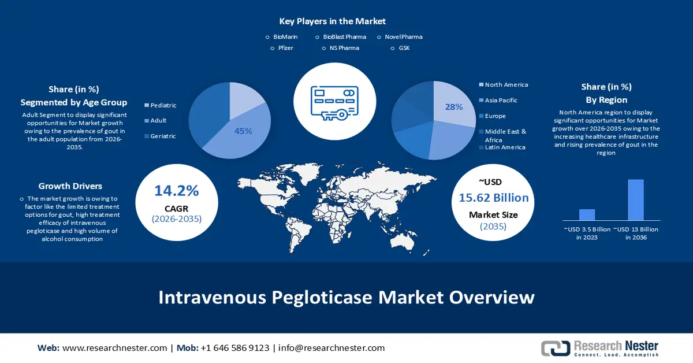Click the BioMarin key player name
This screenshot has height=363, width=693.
(286, 37)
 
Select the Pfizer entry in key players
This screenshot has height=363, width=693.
(286, 48)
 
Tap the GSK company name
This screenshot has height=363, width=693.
(404, 48)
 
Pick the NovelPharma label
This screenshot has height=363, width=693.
(403, 37)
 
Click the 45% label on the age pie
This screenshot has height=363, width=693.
(243, 131)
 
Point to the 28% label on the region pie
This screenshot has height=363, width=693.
(453, 107)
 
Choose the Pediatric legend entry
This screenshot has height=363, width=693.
(163, 105)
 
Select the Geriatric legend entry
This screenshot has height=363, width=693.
(163, 136)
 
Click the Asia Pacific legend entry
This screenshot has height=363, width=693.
(501, 100)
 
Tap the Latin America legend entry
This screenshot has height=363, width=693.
(505, 147)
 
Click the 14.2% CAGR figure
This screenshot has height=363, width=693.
(176, 191)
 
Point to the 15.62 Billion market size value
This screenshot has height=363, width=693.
(494, 198)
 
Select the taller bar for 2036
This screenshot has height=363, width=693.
(635, 199)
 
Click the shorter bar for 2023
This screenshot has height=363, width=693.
(587, 214)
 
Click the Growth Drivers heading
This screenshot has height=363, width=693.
(70, 186)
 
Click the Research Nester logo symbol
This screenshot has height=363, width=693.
(554, 348)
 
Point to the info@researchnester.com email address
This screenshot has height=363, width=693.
(331, 348)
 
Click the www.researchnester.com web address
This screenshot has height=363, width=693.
(114, 348)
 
